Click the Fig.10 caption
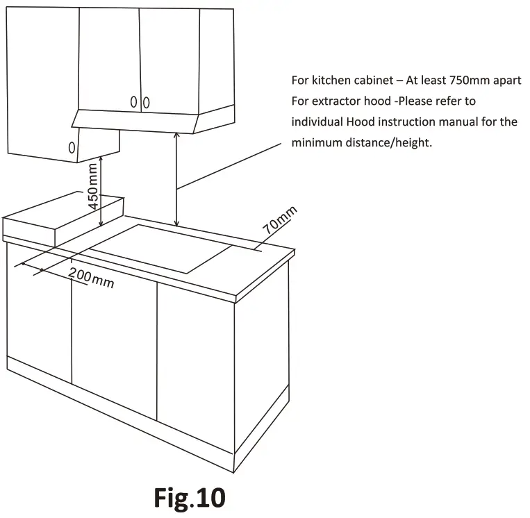point(190,498)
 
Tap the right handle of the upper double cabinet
point(146,103)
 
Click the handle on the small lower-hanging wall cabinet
point(71,147)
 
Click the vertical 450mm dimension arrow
point(102,192)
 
